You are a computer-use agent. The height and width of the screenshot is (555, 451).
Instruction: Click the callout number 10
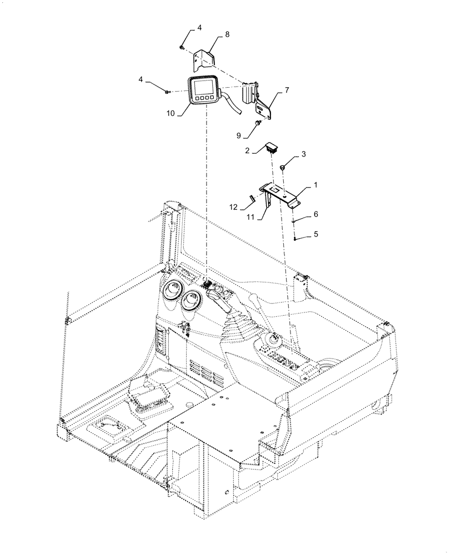pos(170,113)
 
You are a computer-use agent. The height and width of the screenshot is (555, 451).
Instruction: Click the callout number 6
pos(315,213)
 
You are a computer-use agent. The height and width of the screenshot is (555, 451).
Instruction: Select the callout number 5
pos(315,234)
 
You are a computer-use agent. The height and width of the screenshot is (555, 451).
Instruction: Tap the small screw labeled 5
pos(295,238)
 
